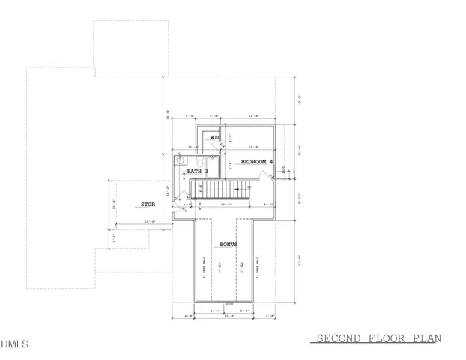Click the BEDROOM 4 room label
pyautogui.click(x=257, y=162)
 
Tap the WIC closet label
pyautogui.click(x=215, y=138)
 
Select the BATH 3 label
pyautogui.click(x=198, y=172)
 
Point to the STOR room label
pyautogui.click(x=147, y=204)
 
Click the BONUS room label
pyautogui.click(x=229, y=245)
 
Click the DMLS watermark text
pyautogui.click(x=14, y=344)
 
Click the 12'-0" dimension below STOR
pyautogui.click(x=150, y=222)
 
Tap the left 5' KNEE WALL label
pyautogui.click(x=204, y=268)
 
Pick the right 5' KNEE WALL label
pyautogui.click(x=256, y=268)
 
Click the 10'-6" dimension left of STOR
pyautogui.click(x=114, y=202)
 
